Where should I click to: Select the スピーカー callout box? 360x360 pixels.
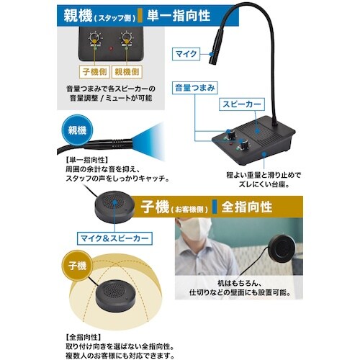pyautogui.click(x=243, y=105)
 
